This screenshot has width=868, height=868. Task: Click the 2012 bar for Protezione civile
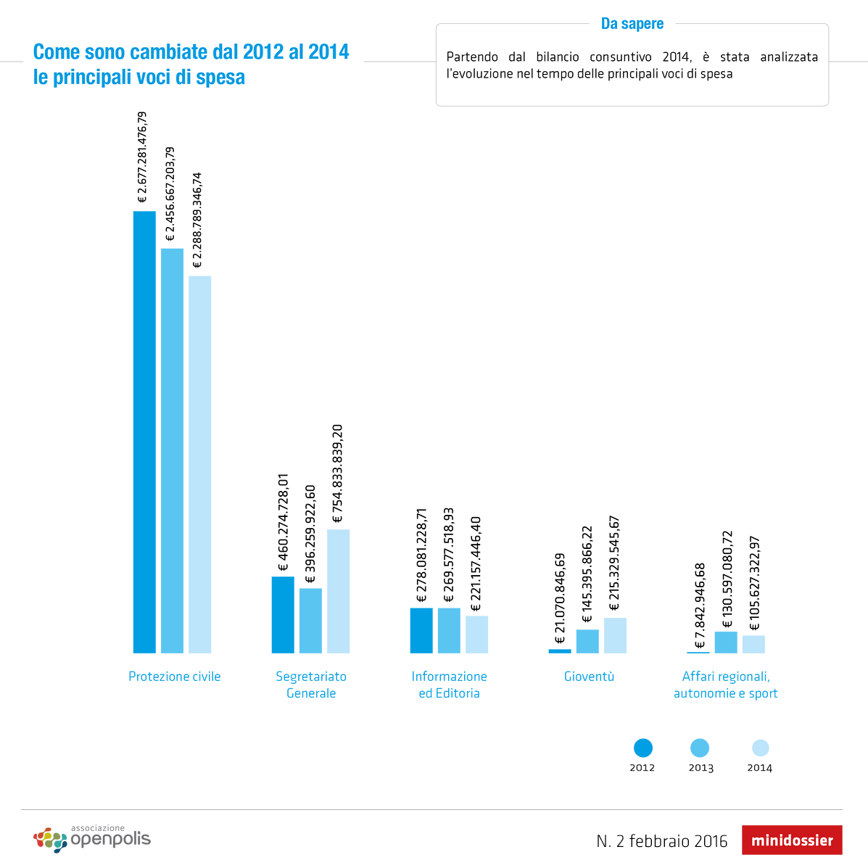pyautogui.click(x=144, y=431)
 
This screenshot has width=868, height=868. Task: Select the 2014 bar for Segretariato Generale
pyautogui.click(x=338, y=591)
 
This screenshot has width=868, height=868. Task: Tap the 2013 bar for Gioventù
pyautogui.click(x=587, y=641)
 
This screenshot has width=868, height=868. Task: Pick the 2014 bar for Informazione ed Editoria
pyautogui.click(x=476, y=635)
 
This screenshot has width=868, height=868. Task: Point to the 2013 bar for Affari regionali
pyautogui.click(x=726, y=642)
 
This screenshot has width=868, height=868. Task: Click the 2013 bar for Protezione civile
pyautogui.click(x=172, y=450)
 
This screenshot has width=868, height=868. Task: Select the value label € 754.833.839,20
pyautogui.click(x=338, y=474)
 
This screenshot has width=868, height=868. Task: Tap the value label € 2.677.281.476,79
pyautogui.click(x=143, y=157)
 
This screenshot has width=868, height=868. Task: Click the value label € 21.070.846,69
pyautogui.click(x=560, y=599)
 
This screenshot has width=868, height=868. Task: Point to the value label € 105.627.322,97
pyautogui.click(x=754, y=584)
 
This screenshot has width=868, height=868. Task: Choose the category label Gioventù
pyautogui.click(x=589, y=677)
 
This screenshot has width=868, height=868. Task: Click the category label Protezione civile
pyautogui.click(x=175, y=677)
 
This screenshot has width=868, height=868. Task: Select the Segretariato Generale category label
pyautogui.click(x=311, y=685)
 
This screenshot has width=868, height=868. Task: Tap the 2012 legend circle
pyautogui.click(x=642, y=748)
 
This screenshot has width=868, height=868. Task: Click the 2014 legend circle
pyautogui.click(x=760, y=748)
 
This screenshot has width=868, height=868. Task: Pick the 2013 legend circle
pyautogui.click(x=700, y=748)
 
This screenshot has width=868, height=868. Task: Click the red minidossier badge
pyautogui.click(x=792, y=840)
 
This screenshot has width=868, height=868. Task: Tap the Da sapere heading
pyautogui.click(x=632, y=24)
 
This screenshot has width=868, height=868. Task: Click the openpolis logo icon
pyautogui.click(x=50, y=840)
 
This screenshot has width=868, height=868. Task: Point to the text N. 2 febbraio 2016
pyautogui.click(x=661, y=841)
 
